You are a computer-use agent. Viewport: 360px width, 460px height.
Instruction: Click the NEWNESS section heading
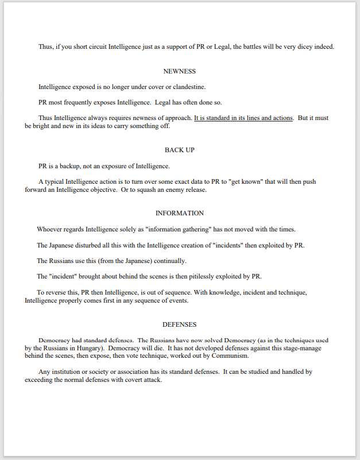[x=180, y=71]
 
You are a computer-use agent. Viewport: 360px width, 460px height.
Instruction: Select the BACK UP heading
[x=180, y=150]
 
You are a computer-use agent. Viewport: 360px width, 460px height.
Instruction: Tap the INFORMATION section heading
[x=180, y=213]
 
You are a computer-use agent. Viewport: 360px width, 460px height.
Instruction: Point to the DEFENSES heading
[x=180, y=324]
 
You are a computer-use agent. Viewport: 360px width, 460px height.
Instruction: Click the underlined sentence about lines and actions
[x=243, y=118]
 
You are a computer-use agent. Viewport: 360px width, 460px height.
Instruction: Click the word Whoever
[x=51, y=229]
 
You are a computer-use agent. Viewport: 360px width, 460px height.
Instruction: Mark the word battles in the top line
[x=253, y=47]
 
